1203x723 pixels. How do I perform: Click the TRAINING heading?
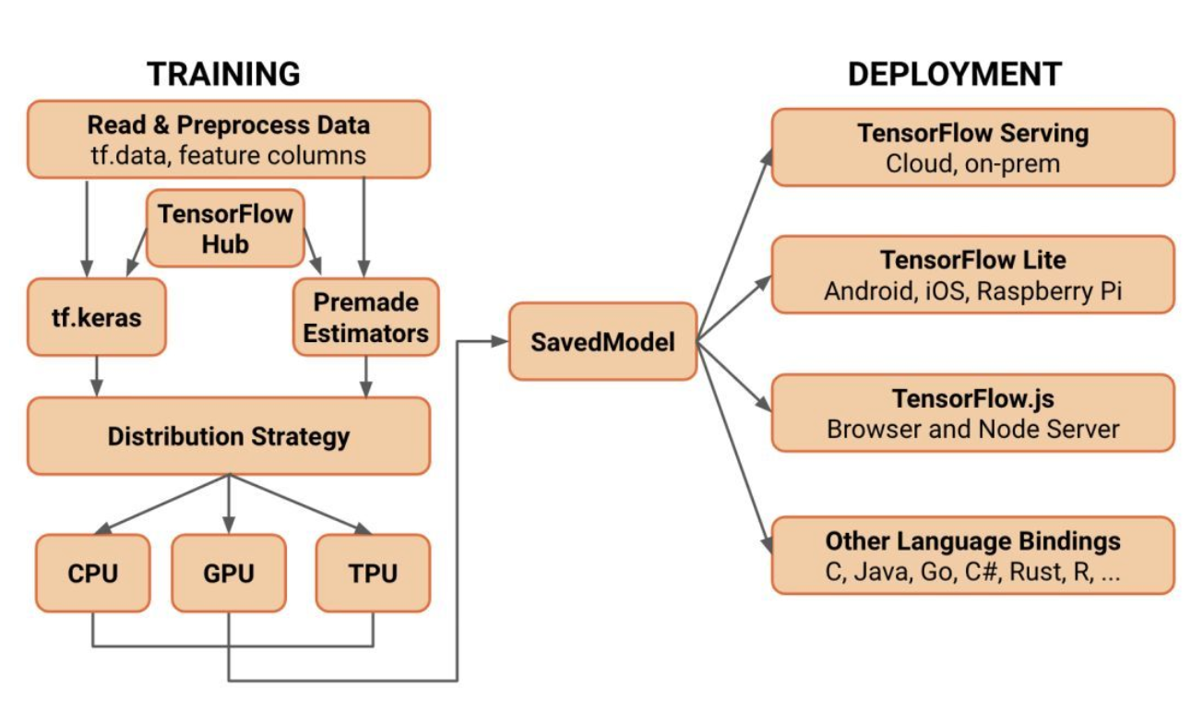click(x=224, y=74)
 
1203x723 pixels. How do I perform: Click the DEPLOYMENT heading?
click(x=954, y=74)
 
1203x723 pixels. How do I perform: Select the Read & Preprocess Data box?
click(x=228, y=139)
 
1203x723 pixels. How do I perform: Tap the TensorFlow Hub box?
click(x=225, y=230)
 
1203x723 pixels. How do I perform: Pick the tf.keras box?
click(x=97, y=316)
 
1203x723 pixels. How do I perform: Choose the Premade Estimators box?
click(x=366, y=317)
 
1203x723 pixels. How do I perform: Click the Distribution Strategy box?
click(x=228, y=435)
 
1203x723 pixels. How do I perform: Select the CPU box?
click(x=93, y=573)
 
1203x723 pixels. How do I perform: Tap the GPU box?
click(x=228, y=573)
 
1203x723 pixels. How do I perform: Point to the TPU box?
click(x=373, y=573)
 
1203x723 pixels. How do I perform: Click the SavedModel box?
click(x=602, y=341)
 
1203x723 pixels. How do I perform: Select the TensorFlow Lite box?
click(x=972, y=274)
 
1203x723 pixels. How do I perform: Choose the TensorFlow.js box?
click(x=972, y=412)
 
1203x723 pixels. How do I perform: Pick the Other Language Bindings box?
click(x=972, y=554)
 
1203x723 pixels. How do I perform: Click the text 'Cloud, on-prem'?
click(x=972, y=163)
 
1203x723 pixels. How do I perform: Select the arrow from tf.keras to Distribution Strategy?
click(x=97, y=376)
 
